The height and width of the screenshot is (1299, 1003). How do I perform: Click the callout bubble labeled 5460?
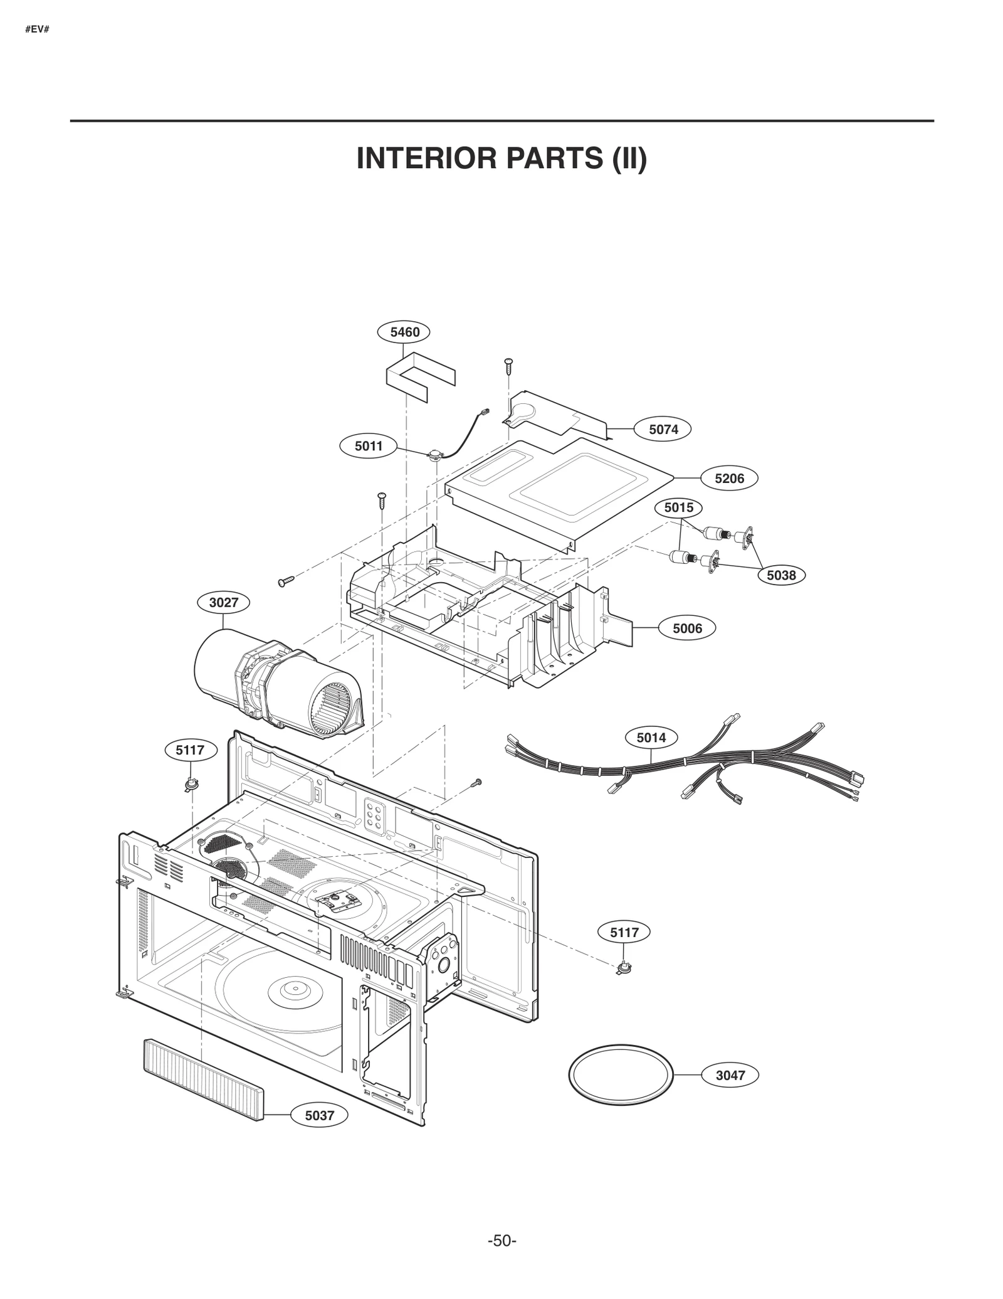coord(404,332)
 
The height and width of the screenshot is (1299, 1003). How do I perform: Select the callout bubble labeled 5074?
coord(663,430)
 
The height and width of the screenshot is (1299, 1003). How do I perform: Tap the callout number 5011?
coord(368,446)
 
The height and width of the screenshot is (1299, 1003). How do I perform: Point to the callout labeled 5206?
coord(729,479)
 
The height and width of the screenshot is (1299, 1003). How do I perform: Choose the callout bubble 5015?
coord(678,507)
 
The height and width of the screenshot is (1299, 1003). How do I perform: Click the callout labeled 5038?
coord(780,575)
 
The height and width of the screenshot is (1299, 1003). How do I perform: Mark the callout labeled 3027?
coord(223,603)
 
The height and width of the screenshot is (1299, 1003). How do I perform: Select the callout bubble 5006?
coord(687,628)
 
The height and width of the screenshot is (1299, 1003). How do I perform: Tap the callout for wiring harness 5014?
coord(651,738)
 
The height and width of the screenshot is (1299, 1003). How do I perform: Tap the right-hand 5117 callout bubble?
coord(624,950)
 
